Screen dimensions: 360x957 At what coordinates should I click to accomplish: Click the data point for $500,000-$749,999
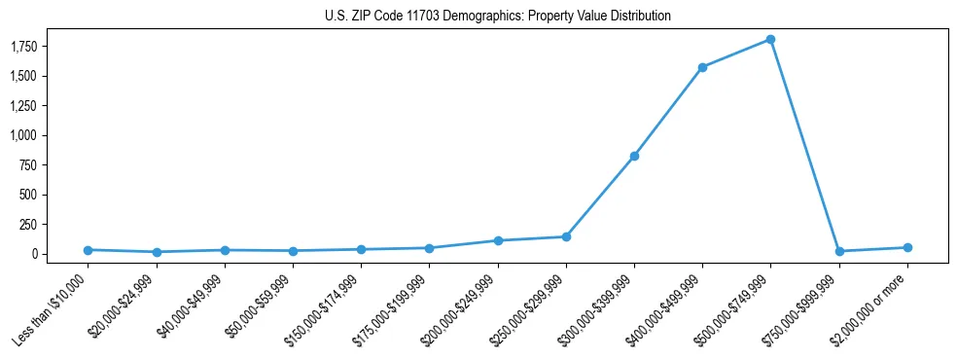770,40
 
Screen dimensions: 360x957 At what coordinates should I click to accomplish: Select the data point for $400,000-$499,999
702,67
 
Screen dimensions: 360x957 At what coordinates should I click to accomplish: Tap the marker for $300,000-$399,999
634,156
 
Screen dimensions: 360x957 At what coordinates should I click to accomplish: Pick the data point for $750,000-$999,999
838,251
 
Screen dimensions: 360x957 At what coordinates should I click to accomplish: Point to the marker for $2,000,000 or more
907,247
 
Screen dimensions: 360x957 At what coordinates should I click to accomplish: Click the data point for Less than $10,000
88,250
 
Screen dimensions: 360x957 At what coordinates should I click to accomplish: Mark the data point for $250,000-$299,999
566,236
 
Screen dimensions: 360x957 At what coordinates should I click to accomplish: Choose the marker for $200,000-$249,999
498,240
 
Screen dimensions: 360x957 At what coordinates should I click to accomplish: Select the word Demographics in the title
480,17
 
